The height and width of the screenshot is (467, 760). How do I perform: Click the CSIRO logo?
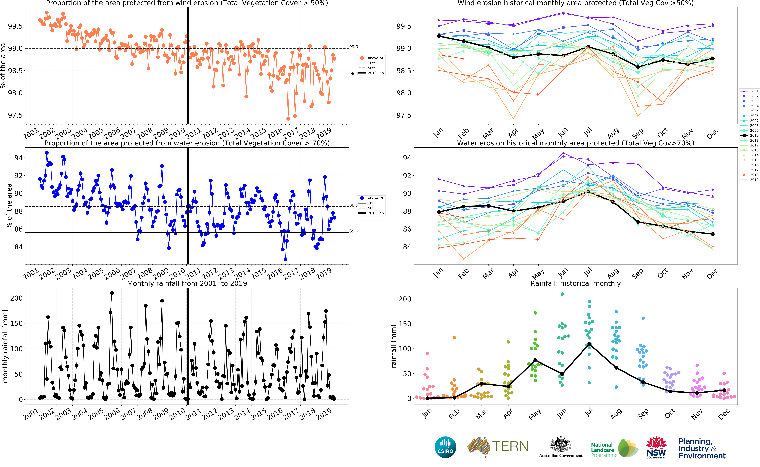[x=445, y=447]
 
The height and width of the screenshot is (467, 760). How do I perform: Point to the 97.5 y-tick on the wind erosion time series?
[x=15, y=115]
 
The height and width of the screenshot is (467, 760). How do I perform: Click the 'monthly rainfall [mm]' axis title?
[x=5, y=346]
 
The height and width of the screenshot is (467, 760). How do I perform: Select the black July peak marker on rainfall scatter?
[x=589, y=344]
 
